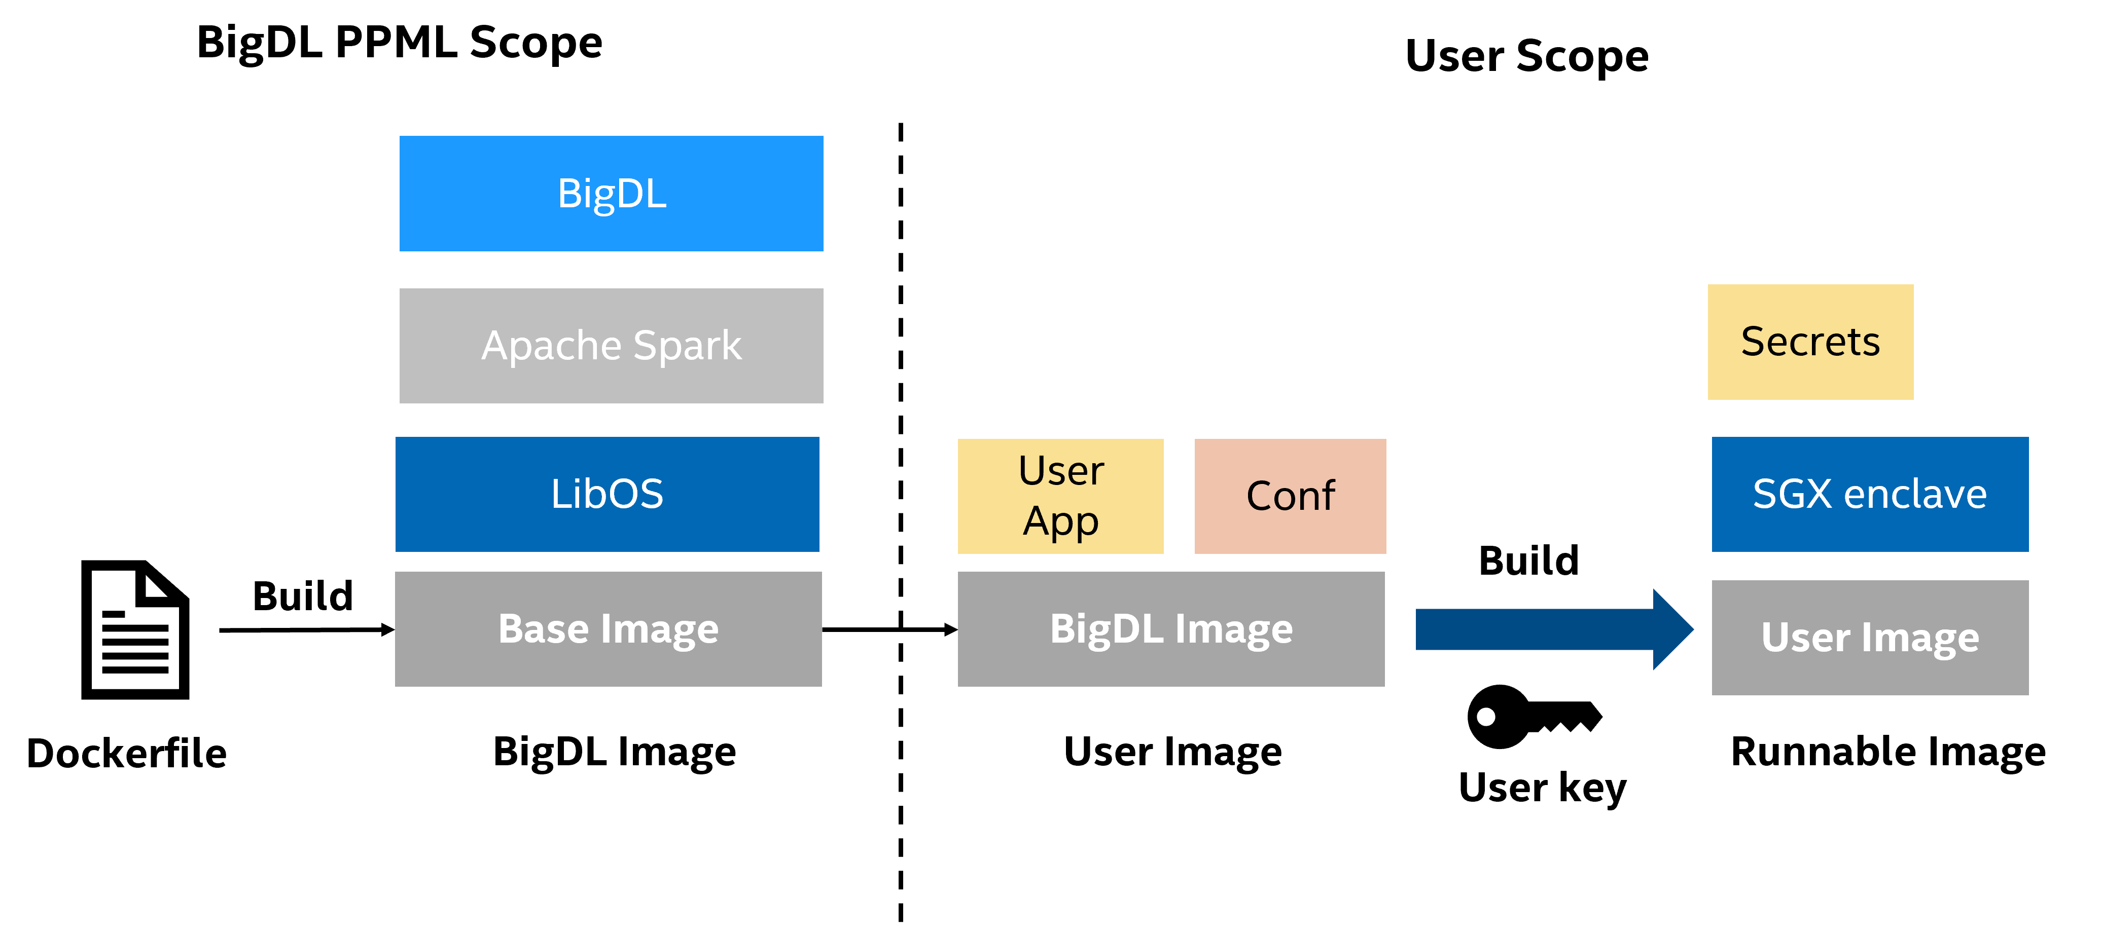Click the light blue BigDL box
(611, 193)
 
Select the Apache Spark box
(611, 345)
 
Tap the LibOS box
(607, 494)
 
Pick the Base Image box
(608, 629)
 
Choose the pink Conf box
(1290, 496)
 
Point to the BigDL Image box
(1171, 629)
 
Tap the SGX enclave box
(1869, 494)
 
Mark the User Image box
(1869, 637)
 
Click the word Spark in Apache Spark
(687, 346)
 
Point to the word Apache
(552, 346)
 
